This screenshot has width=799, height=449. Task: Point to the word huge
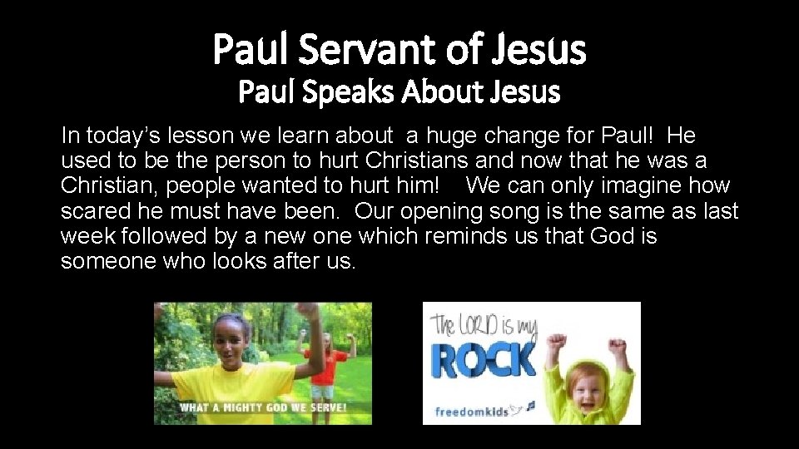[447, 136]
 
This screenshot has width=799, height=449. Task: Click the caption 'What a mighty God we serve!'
[263, 407]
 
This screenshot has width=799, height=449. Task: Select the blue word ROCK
[483, 360]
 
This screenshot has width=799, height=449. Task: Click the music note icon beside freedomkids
[530, 407]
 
